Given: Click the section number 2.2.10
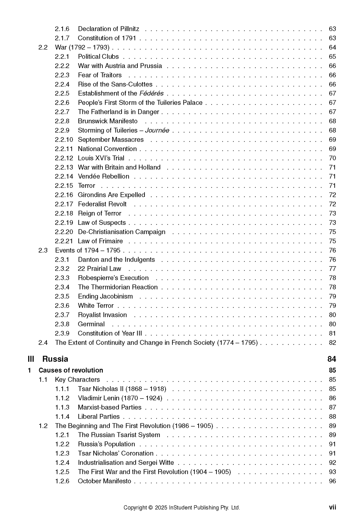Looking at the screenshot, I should pos(64,140).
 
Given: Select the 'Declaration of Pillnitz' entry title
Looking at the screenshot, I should pos(108,29).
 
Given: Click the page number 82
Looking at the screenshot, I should pos(332,343).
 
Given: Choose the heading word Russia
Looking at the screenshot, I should pos(55,359).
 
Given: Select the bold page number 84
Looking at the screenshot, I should pos(332,359).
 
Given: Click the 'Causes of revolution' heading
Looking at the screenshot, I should pos(71,370).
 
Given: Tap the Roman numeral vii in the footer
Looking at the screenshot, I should pos(333,507).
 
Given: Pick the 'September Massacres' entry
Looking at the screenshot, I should pos(111,140).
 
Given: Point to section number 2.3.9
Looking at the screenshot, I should pos(62,334).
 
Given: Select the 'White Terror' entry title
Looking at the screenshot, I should pos(96,306).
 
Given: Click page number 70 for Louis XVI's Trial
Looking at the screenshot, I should pos(332,158).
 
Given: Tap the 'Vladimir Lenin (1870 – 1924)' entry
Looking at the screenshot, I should pos(120,398).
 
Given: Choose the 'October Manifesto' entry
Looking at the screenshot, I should pos(104,481).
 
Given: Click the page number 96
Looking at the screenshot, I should pos(332,481).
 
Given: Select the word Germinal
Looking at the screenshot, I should pos(91,324).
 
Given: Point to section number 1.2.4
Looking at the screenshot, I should pos(62,463).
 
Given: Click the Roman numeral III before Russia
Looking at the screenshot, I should pos(31,359).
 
